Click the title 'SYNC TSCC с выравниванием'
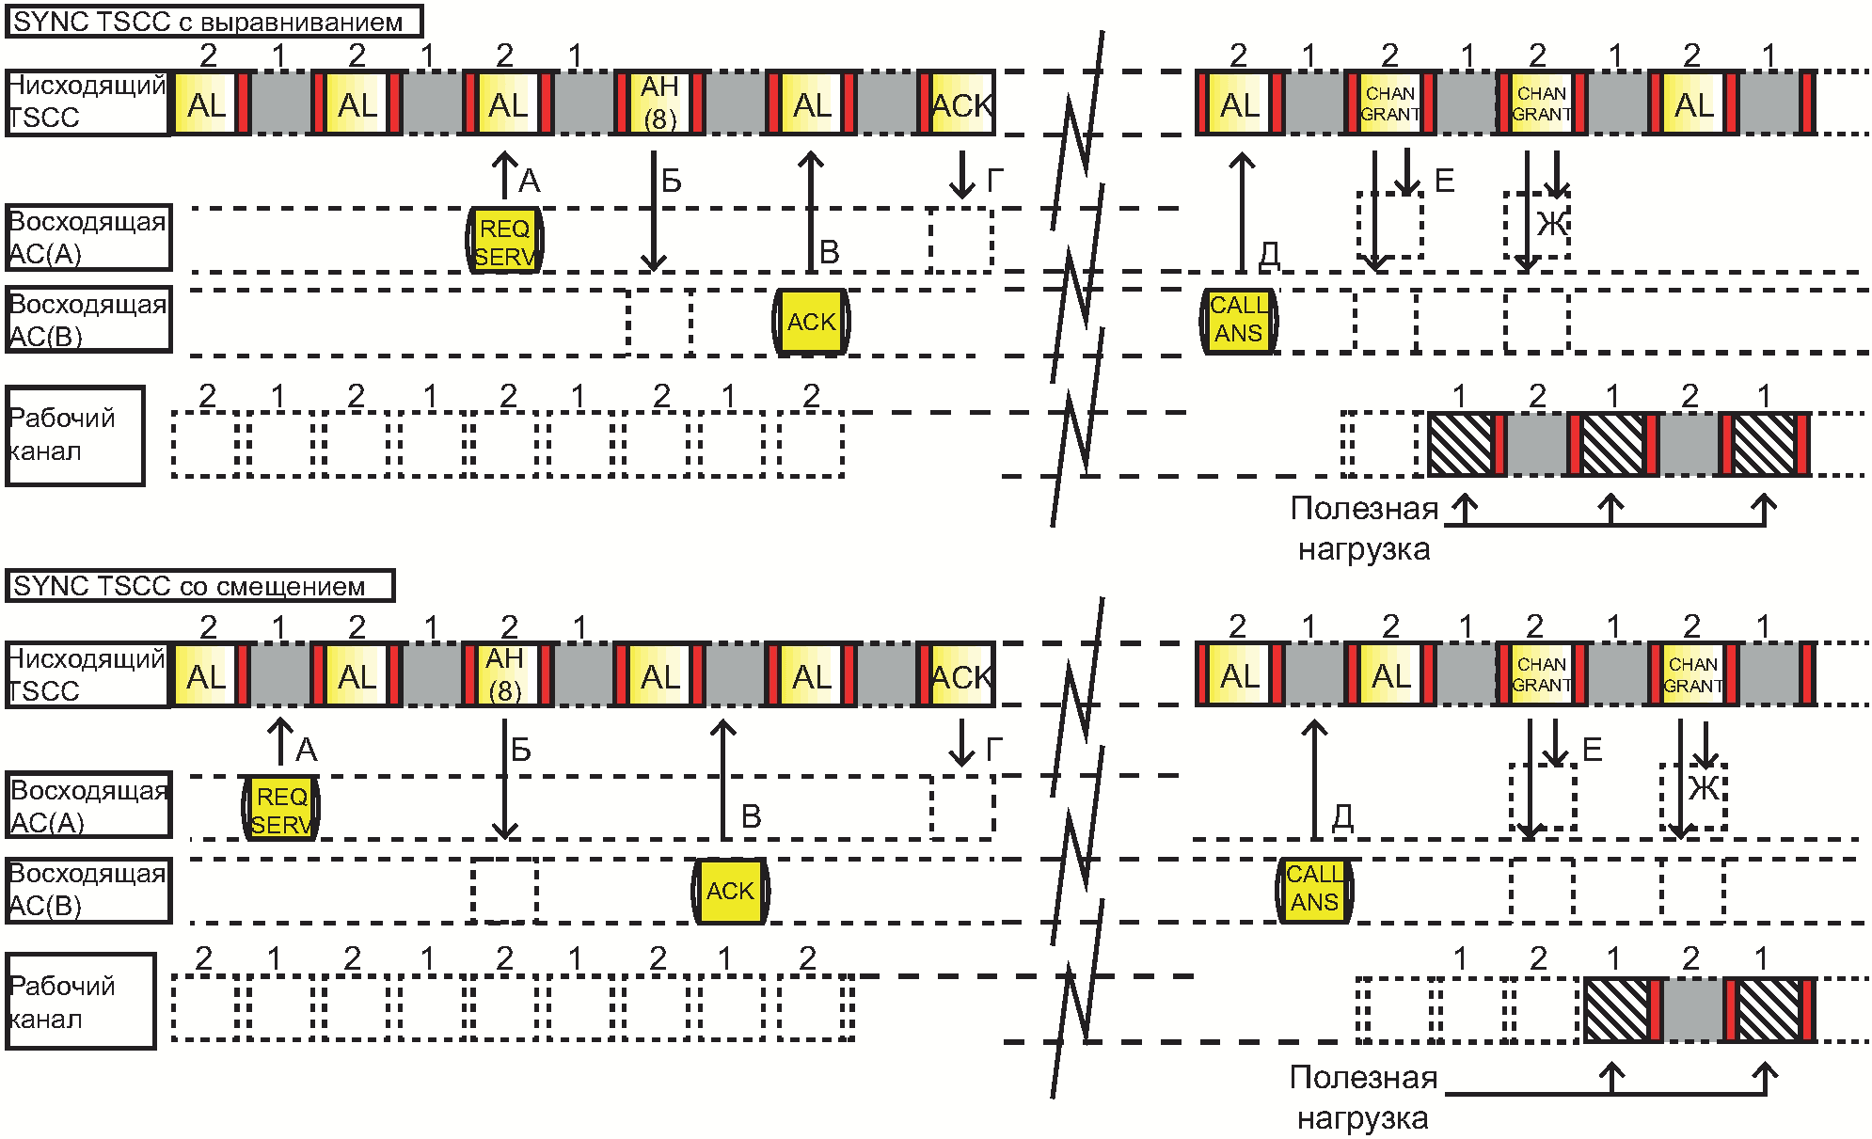208,22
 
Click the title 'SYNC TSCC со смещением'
189,586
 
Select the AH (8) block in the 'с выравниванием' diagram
659,103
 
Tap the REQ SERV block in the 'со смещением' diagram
281,809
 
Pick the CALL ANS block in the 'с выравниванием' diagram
1239,320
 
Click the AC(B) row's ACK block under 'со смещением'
730,891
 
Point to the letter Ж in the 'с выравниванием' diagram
1552,224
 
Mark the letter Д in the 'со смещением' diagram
1342,816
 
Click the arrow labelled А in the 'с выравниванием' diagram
505,175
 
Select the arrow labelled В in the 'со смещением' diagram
722,780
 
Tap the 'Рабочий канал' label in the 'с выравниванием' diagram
62,435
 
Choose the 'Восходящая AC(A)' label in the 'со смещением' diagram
88,806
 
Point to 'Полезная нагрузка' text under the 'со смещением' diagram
1363,1098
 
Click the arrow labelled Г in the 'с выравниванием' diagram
961,175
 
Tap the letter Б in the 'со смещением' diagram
520,750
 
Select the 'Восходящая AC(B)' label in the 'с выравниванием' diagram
87,320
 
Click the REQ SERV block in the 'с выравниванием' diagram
505,241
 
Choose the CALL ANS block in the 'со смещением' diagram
1314,888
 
